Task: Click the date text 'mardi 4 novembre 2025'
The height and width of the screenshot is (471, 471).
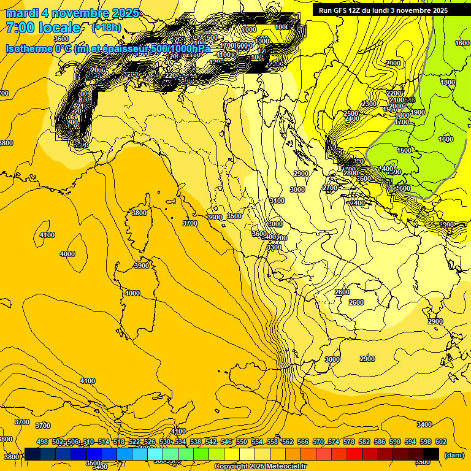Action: tap(72, 13)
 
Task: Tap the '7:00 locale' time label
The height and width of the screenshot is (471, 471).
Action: tap(43, 28)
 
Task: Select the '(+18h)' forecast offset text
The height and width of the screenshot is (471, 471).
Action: tap(107, 28)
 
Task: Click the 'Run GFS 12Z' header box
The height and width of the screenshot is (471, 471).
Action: tap(383, 10)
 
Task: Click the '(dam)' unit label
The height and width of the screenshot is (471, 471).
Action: tap(453, 455)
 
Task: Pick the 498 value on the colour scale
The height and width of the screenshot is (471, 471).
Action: tap(42, 442)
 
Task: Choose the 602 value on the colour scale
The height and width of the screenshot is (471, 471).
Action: tap(440, 442)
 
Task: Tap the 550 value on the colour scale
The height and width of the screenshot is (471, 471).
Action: tap(242, 442)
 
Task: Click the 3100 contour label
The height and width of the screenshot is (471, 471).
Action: tap(277, 201)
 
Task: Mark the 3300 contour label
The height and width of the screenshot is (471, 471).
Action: tap(274, 247)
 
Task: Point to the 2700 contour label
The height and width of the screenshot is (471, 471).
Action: tap(330, 188)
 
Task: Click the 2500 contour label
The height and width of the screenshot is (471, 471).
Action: tap(351, 113)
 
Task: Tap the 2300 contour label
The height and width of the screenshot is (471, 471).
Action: tap(369, 104)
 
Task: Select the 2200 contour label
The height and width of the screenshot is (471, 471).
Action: tap(394, 93)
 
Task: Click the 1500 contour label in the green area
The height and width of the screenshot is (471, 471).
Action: tap(404, 150)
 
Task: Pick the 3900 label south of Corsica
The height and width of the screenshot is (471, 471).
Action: tap(142, 266)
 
